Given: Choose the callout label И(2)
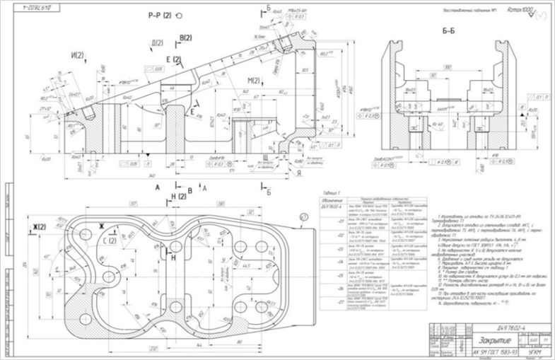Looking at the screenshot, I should (x=77, y=54).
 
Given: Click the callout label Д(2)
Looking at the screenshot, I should (x=158, y=43).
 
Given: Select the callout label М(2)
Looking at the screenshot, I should (x=255, y=79).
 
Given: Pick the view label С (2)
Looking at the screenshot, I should (x=110, y=241).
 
